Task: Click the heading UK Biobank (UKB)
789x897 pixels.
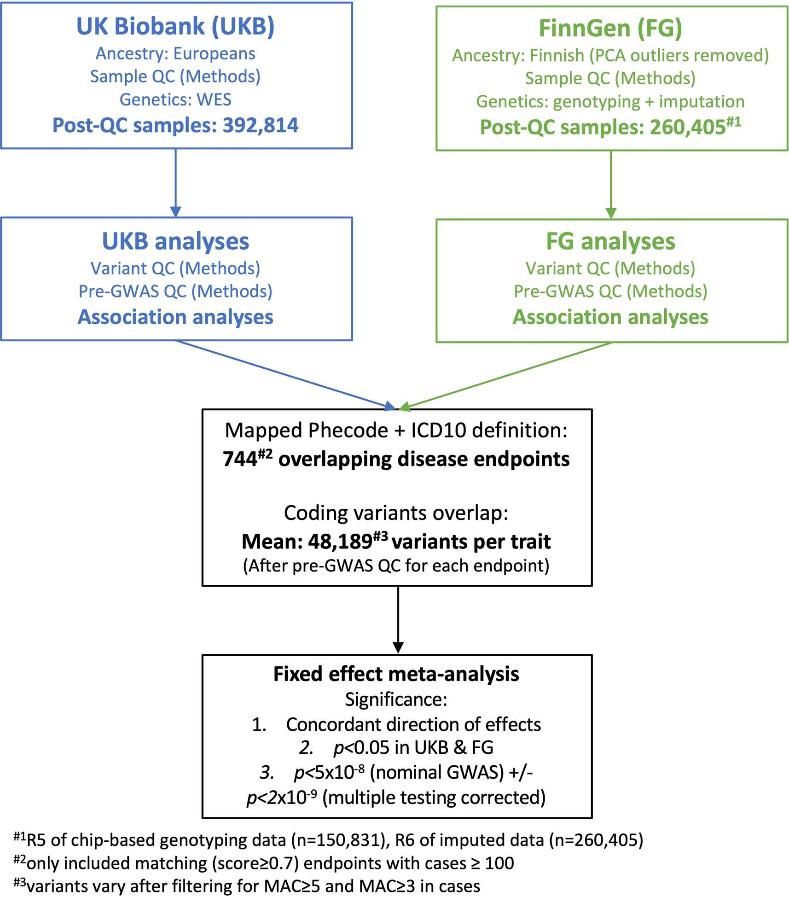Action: (x=175, y=26)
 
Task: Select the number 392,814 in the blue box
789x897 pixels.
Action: (x=261, y=125)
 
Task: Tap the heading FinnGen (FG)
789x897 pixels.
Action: (x=610, y=28)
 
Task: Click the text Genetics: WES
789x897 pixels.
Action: (x=175, y=99)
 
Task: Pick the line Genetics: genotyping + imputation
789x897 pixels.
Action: (x=610, y=102)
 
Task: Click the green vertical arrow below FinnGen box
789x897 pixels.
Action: (x=610, y=184)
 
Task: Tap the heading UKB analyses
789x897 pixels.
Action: (x=175, y=241)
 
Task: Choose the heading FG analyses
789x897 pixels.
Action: (x=610, y=241)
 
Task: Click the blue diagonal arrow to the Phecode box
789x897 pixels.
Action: (x=285, y=374)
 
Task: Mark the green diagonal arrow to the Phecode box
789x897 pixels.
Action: (x=506, y=375)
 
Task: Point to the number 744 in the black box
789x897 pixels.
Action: (x=240, y=460)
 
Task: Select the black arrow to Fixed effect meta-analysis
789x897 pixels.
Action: (x=398, y=619)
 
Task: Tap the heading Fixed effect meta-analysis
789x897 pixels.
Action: (x=396, y=674)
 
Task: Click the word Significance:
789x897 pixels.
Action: (x=396, y=699)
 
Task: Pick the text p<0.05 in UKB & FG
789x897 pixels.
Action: (x=413, y=748)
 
